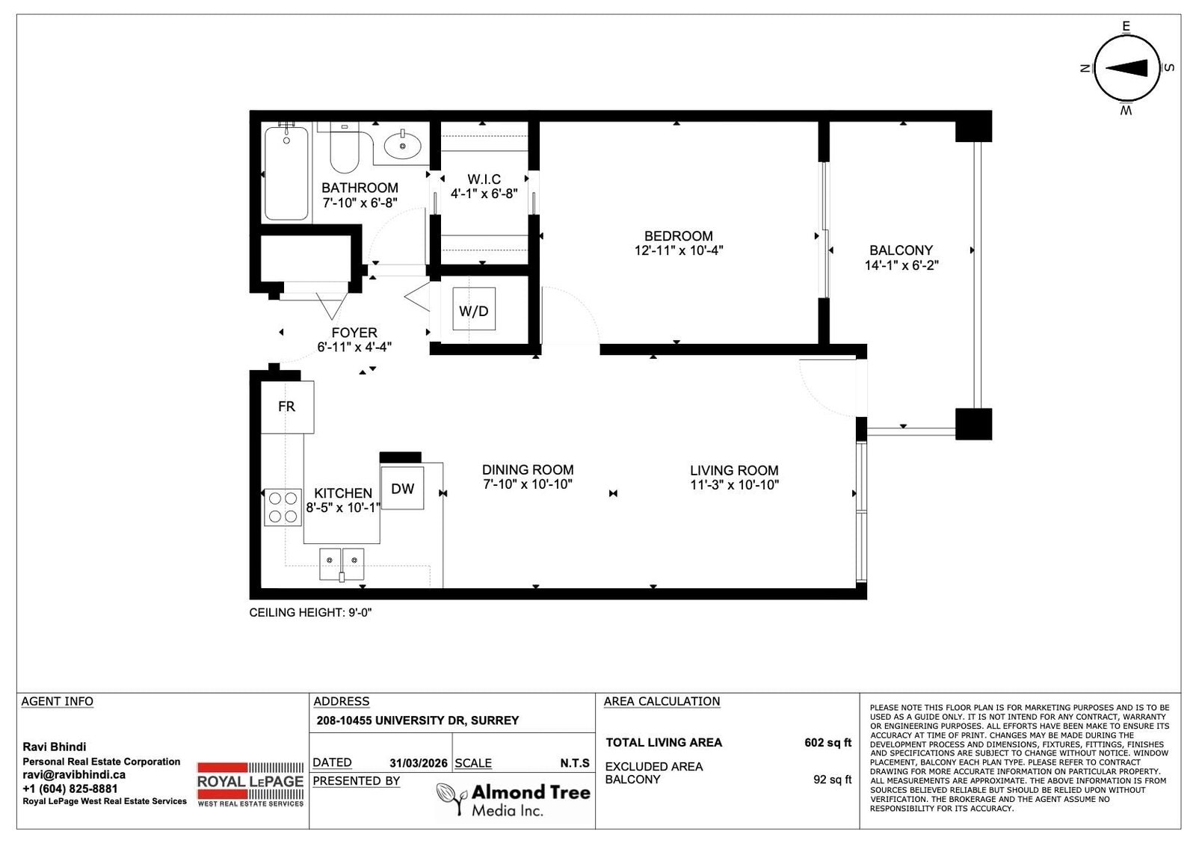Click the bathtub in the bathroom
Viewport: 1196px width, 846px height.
pyautogui.click(x=286, y=173)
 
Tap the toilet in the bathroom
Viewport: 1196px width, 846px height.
pyautogui.click(x=344, y=149)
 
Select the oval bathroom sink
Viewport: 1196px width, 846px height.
pyautogui.click(x=403, y=145)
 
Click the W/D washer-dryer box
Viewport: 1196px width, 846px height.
pyautogui.click(x=474, y=309)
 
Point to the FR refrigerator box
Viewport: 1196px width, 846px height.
pyautogui.click(x=287, y=407)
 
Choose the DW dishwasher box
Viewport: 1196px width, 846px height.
pyautogui.click(x=403, y=488)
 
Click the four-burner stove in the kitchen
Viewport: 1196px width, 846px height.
pyautogui.click(x=283, y=507)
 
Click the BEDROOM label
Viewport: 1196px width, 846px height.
pyautogui.click(x=678, y=236)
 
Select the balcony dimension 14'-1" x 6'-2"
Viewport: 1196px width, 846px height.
pyautogui.click(x=901, y=265)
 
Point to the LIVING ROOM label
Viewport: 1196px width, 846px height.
pyautogui.click(x=734, y=470)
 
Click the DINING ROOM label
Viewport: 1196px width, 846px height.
pyautogui.click(x=528, y=469)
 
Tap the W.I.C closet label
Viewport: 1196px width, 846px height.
pyautogui.click(x=484, y=179)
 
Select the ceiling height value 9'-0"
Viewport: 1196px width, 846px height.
pyautogui.click(x=360, y=612)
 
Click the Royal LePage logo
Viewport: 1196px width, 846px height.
pyautogui.click(x=250, y=784)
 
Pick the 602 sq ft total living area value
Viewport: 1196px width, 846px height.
pyautogui.click(x=827, y=742)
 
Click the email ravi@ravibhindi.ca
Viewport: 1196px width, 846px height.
pyautogui.click(x=74, y=774)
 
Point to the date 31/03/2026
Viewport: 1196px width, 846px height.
pyautogui.click(x=418, y=763)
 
